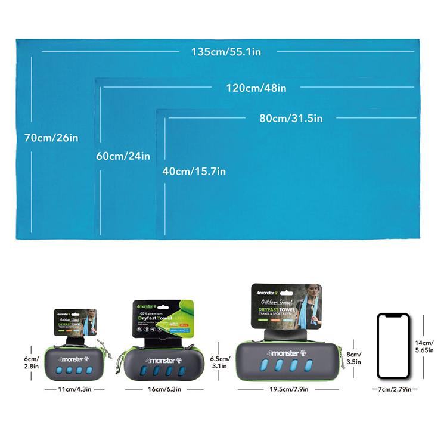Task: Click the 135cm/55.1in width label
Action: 226,52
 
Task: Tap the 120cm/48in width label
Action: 256,88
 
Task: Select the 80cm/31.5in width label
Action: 291,119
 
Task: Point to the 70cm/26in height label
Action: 51,138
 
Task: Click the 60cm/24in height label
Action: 123,156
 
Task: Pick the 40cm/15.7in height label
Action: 194,172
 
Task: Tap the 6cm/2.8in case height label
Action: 32,362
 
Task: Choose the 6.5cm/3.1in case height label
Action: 221,363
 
